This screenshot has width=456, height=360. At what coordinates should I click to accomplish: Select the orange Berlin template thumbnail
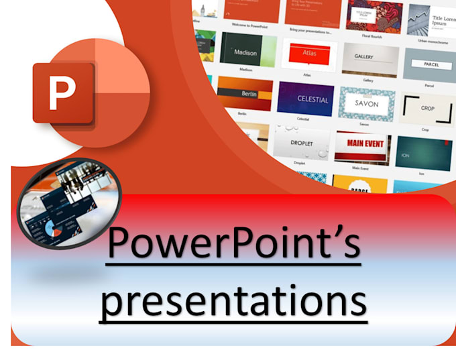tap(245, 93)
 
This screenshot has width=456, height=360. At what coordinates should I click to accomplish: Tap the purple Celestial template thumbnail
tap(305, 99)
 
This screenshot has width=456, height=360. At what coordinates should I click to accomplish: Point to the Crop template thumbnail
tap(427, 109)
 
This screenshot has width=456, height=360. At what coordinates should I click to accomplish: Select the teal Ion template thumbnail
tap(423, 153)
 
